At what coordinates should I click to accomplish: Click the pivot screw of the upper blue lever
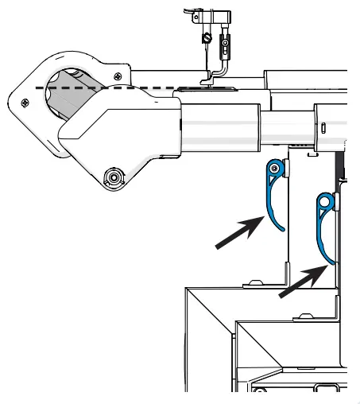click(x=274, y=168)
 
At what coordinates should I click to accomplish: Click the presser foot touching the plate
click(x=208, y=79)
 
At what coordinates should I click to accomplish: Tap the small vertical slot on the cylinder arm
click(x=324, y=126)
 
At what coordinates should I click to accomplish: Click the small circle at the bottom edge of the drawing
click(x=257, y=390)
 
